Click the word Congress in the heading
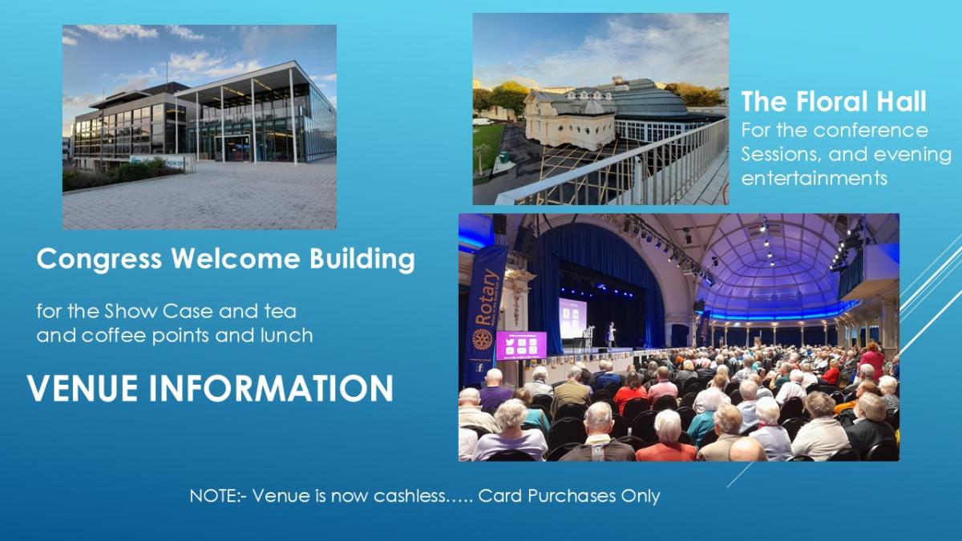(99, 259)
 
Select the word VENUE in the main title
(83, 388)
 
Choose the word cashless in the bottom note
(410, 496)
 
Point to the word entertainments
(814, 178)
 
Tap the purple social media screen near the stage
(521, 345)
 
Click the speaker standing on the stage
(610, 334)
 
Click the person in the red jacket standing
(872, 360)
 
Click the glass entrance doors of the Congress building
(232, 148)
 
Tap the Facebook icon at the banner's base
(479, 368)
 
